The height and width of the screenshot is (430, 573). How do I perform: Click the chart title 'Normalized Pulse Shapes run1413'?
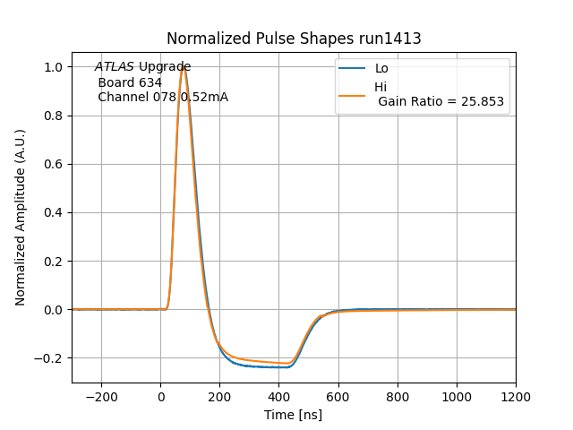(x=294, y=39)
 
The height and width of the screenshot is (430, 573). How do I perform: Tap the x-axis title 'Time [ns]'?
(x=293, y=415)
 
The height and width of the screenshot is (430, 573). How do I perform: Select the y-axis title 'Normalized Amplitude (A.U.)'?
(x=21, y=217)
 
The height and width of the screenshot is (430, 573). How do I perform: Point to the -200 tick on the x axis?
(x=101, y=395)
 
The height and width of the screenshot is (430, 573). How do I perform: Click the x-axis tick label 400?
(x=279, y=395)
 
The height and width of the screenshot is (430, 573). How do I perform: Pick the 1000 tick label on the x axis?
(x=457, y=395)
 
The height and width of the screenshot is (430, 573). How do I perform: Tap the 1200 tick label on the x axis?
(x=516, y=395)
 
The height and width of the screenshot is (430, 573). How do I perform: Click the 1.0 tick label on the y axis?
(x=53, y=67)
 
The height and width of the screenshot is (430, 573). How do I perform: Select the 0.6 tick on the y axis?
(x=53, y=164)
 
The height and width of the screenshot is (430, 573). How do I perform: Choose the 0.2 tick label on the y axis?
(x=53, y=261)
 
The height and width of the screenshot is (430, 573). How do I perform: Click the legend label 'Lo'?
(x=381, y=68)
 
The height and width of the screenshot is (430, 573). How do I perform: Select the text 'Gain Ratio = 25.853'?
(x=441, y=102)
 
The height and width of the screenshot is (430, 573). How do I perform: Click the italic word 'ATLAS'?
(x=115, y=66)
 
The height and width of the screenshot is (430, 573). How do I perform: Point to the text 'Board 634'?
(x=130, y=82)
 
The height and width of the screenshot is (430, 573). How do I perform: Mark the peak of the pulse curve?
(x=184, y=66)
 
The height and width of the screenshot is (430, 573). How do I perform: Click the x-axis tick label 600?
(x=338, y=395)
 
